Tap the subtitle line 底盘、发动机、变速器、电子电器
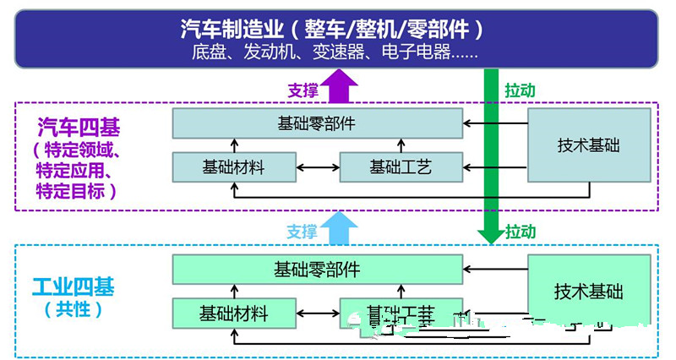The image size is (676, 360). pos(335,52)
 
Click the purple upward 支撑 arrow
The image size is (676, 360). pos(343,87)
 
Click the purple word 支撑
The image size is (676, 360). pos(302,90)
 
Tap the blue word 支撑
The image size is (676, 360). pos(302,232)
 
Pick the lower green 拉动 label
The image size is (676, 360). pos(520,231)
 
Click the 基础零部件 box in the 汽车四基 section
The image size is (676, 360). pos(317,123)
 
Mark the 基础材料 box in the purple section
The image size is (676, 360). pos(233,166)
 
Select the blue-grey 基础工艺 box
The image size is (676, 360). pos(401,166)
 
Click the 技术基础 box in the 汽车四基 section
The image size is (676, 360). pos(589,145)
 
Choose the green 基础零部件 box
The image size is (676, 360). pos(317,270)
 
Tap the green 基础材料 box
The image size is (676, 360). pos(233,313)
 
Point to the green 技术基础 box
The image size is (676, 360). pos(589,292)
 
